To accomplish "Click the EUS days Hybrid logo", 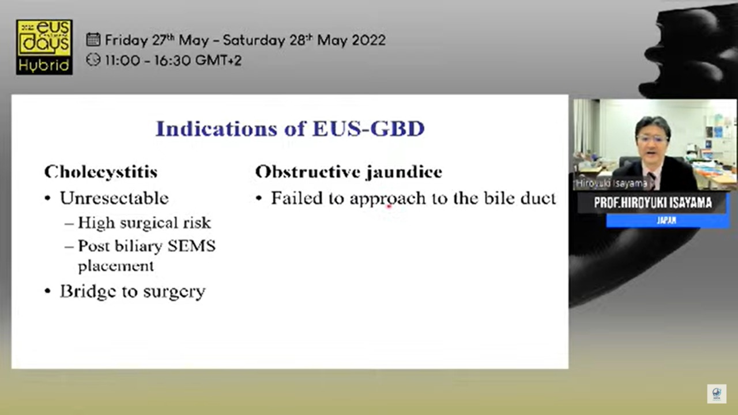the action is (x=44, y=47).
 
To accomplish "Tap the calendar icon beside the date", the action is (x=93, y=40).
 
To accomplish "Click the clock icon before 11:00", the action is (x=93, y=60).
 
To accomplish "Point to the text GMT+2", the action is (x=218, y=61).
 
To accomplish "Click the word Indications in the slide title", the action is (x=216, y=129).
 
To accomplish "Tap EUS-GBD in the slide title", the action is (x=368, y=129).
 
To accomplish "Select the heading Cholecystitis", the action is (x=101, y=172).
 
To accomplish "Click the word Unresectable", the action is (x=114, y=198).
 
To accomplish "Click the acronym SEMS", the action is (x=191, y=246).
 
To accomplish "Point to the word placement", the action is (x=116, y=266).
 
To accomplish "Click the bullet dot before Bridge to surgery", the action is (x=48, y=292).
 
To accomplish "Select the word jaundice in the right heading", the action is (x=405, y=172).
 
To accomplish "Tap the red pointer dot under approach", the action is (x=389, y=206).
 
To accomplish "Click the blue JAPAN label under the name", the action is (x=667, y=220).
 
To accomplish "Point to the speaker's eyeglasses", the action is (x=653, y=139).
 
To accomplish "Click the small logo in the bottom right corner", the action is (x=717, y=394).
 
